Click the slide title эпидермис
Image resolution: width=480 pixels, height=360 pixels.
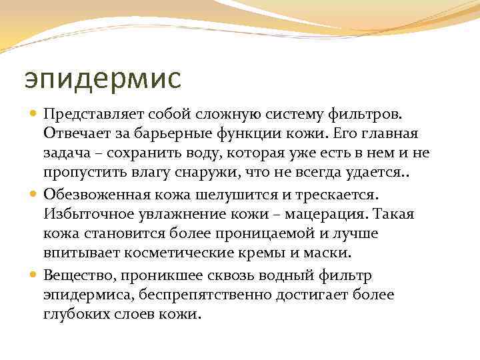tap(102, 77)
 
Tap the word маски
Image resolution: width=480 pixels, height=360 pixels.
tap(330, 253)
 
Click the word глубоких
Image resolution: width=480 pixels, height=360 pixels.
tap(73, 313)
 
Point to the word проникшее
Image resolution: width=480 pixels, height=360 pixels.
tap(160, 275)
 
